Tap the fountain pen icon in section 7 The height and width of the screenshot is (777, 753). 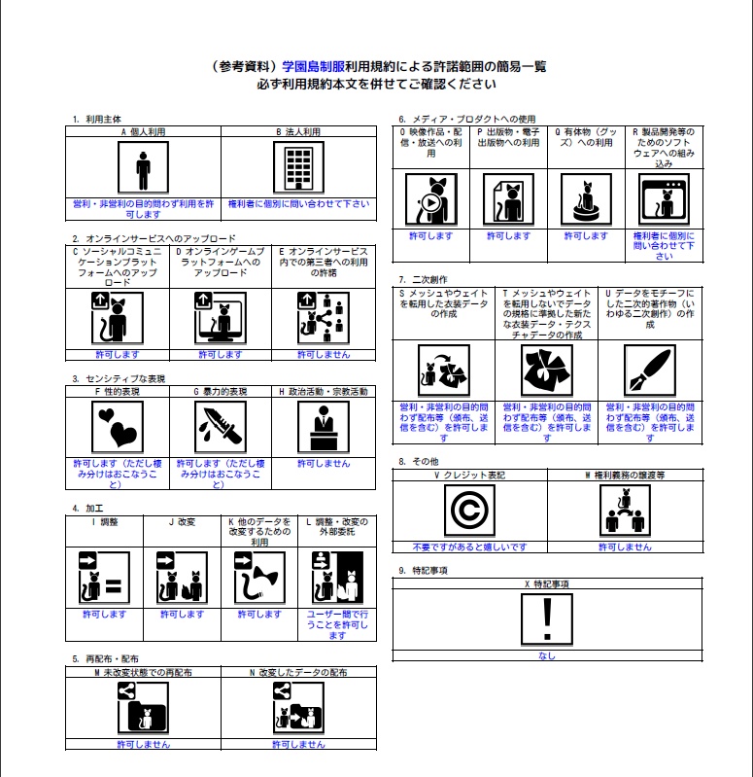pos(649,371)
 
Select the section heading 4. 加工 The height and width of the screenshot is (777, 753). pos(88,509)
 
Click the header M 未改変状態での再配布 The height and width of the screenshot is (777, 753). pos(143,671)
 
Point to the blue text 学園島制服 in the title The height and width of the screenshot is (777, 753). pos(313,67)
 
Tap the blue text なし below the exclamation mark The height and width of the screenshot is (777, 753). pos(547,656)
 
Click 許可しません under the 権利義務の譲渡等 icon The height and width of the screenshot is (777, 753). pos(625,547)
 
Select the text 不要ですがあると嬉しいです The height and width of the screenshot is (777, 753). pos(469,547)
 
